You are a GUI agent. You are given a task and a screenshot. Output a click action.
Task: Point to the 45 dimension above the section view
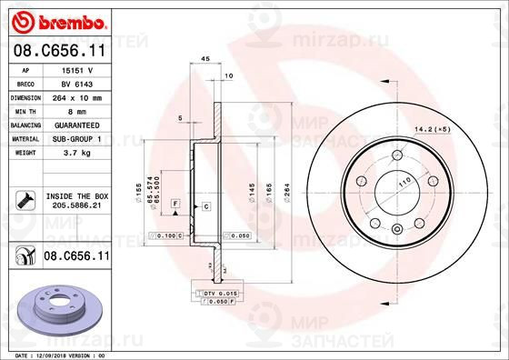coord(205,58)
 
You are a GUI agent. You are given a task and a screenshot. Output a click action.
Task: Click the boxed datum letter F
coord(175,200)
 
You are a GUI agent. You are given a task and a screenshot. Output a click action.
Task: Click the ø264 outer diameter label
coord(287,194)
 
